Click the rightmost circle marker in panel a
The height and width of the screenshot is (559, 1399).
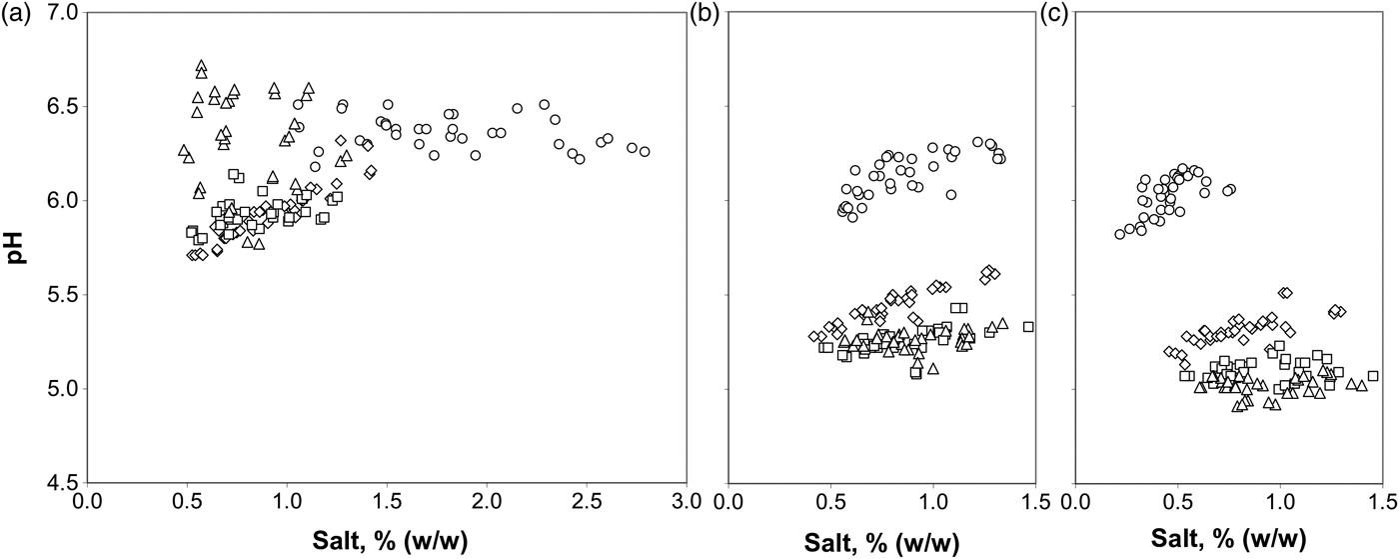[645, 152]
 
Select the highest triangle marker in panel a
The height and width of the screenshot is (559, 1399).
[201, 66]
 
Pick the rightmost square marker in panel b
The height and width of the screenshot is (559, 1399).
[1028, 326]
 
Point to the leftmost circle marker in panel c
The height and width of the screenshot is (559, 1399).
[1119, 234]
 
